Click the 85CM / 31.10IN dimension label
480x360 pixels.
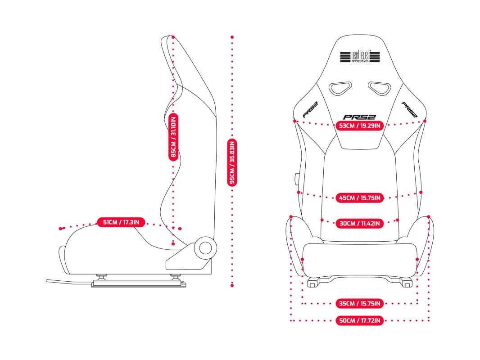pos(173,137)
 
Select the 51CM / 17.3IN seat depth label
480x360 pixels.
pos(121,222)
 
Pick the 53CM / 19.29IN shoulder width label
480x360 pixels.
pos(360,126)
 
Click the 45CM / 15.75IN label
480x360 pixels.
pos(360,198)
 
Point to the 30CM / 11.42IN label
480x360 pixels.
pos(360,223)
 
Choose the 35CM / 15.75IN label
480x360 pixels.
pos(360,303)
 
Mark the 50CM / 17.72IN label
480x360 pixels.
pos(360,320)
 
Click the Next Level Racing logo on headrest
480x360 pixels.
pos(360,57)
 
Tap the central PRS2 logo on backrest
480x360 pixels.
pos(359,117)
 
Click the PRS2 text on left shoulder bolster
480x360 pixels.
pos(310,110)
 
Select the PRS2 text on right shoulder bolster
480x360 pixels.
pos(409,110)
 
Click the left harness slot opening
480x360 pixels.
pos(340,88)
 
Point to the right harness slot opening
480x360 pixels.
pos(380,88)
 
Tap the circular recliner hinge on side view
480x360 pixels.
pos(205,248)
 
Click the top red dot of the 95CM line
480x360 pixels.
pos(232,37)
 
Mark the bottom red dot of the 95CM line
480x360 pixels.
pos(232,285)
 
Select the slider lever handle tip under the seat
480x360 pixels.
pos(47,280)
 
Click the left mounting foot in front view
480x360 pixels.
pos(313,282)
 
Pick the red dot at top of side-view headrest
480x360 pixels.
pos(173,37)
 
